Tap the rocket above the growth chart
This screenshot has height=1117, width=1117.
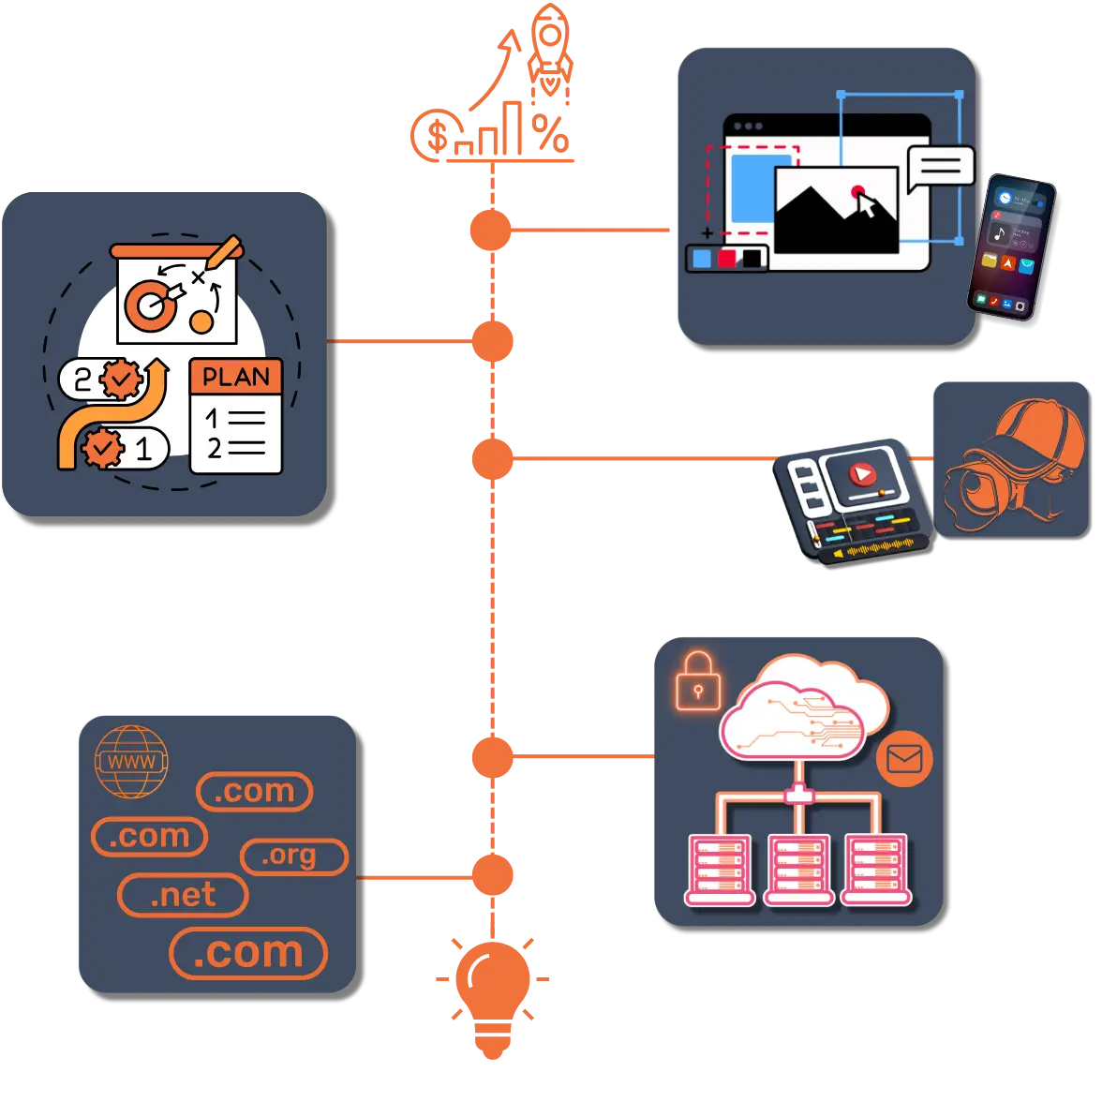(548, 47)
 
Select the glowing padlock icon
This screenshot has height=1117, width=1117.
(698, 681)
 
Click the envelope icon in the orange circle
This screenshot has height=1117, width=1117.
(904, 758)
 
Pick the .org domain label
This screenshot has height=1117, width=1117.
(293, 856)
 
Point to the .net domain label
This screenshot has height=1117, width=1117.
(183, 895)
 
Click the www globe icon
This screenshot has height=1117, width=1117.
(131, 762)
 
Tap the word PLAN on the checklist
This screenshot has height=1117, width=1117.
(236, 378)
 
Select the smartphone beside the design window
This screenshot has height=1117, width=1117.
(1011, 246)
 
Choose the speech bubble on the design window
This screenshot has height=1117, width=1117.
(940, 168)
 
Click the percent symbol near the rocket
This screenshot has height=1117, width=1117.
(550, 134)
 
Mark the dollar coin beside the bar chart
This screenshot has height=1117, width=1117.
(435, 137)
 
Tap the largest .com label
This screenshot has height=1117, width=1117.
(248, 953)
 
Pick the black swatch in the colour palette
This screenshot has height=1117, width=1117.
(752, 258)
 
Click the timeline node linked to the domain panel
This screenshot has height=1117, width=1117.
(492, 877)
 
